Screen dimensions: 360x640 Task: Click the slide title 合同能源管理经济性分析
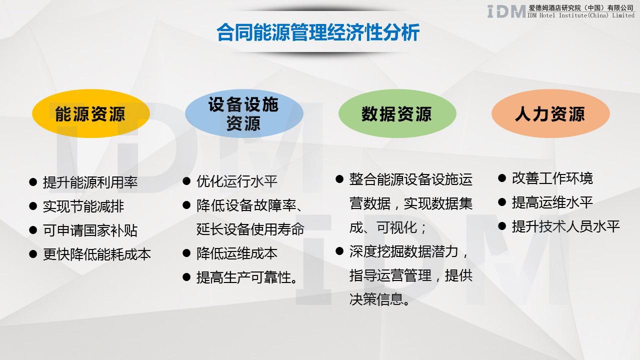(x=318, y=33)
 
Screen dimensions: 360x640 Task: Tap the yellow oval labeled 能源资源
(x=90, y=114)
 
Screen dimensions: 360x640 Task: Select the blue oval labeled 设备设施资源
(x=243, y=114)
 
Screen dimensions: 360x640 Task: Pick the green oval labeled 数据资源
(x=397, y=114)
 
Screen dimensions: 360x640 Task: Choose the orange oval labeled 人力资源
(x=550, y=114)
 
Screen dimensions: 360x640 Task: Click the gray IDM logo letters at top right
(x=506, y=11)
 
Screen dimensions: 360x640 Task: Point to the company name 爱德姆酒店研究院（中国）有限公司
(x=581, y=7)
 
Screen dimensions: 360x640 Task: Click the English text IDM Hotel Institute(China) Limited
(x=581, y=15)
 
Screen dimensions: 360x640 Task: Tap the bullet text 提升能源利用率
(x=90, y=182)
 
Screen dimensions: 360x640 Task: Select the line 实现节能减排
(x=83, y=206)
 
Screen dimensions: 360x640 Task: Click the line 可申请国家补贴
(x=90, y=230)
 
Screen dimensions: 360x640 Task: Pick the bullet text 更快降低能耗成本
(x=97, y=254)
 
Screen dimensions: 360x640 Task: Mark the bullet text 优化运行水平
(x=237, y=181)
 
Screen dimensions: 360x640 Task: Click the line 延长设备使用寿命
(x=250, y=229)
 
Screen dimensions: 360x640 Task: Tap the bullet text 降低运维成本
(x=237, y=253)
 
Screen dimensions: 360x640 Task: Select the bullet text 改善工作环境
(x=552, y=178)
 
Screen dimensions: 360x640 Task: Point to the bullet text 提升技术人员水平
(x=566, y=226)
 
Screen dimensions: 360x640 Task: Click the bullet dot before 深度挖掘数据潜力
(x=339, y=251)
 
